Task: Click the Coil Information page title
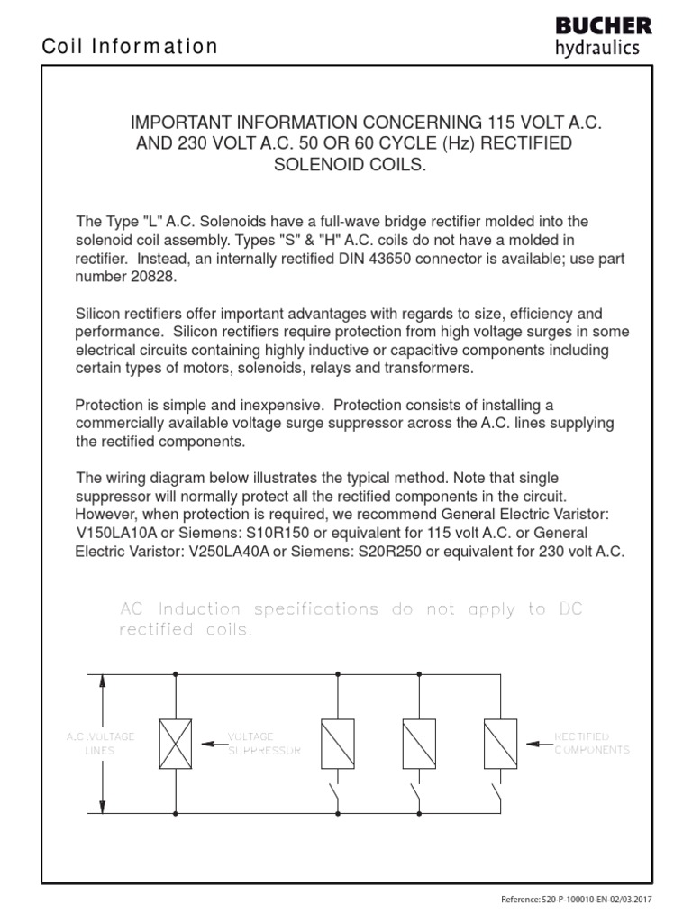pos(131,47)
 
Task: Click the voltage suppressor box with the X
pos(175,744)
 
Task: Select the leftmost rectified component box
pos(338,744)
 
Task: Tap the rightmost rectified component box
pos(500,744)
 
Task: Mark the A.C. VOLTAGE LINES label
pos(101,743)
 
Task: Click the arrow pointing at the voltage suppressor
pos(212,744)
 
